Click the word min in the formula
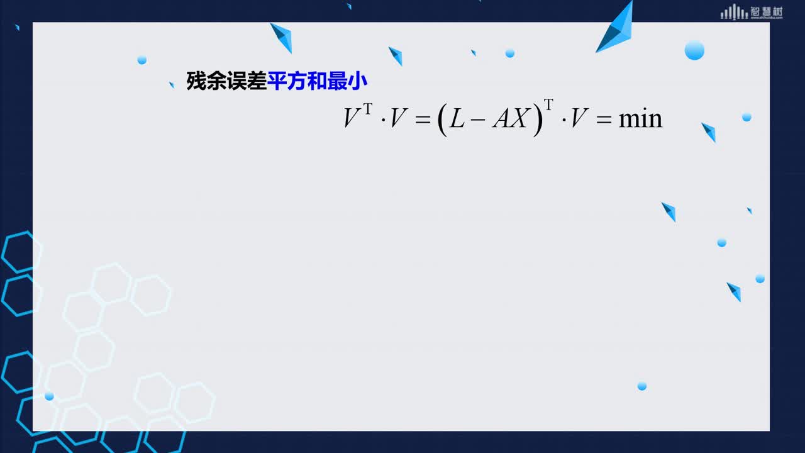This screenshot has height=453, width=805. (x=640, y=119)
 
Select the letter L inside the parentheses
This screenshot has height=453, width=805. (x=457, y=118)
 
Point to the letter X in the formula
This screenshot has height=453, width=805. (x=520, y=118)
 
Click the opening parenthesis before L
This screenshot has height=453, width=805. (x=442, y=120)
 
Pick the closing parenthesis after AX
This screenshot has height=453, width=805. (x=538, y=120)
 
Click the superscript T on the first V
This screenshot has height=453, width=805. (x=368, y=108)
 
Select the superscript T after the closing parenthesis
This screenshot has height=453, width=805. (x=548, y=104)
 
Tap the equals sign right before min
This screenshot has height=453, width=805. (x=604, y=120)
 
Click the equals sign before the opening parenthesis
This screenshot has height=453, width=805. (x=423, y=120)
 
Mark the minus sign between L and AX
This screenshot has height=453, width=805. (x=477, y=119)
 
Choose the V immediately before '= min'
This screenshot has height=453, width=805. (x=579, y=118)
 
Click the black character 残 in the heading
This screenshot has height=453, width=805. (x=196, y=81)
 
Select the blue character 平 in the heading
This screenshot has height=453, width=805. (x=277, y=81)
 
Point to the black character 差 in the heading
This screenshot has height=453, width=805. (x=257, y=81)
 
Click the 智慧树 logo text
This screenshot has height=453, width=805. (x=767, y=12)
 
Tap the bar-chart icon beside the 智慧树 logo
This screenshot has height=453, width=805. (x=734, y=12)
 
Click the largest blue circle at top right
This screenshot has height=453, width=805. (x=694, y=50)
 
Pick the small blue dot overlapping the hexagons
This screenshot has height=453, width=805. (x=49, y=396)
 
